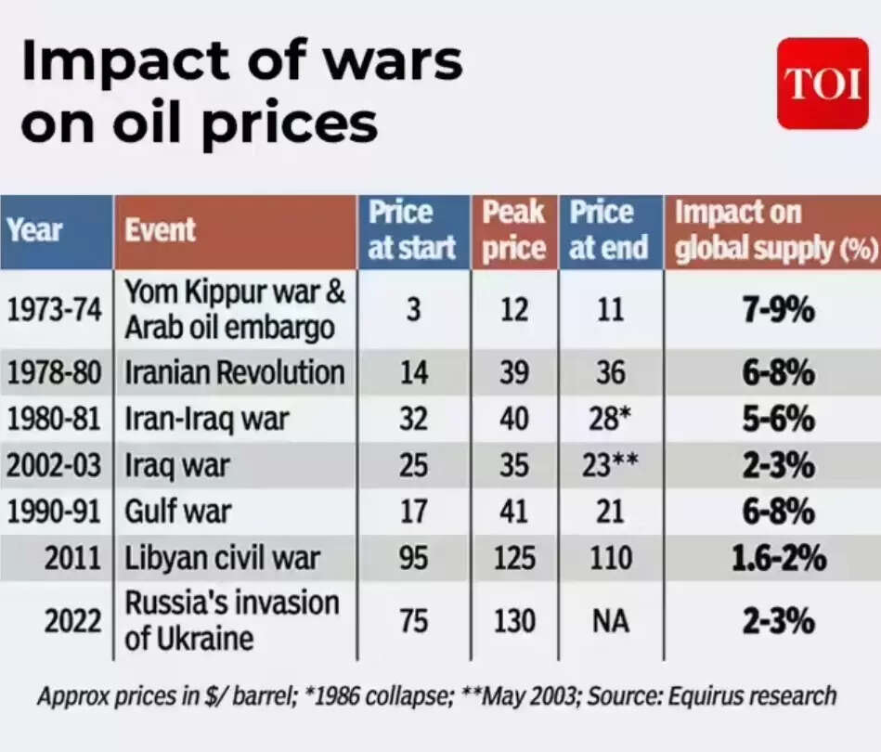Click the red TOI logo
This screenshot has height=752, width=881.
pos(823,83)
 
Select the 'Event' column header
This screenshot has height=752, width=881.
pos(161,229)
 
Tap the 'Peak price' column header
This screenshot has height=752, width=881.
pos(513,230)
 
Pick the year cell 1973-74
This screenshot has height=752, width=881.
pos(54,310)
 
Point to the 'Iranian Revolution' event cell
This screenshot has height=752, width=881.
pos(235,373)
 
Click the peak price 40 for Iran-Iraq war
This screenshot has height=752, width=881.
pos(513,420)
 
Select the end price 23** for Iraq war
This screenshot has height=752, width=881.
pos(611,465)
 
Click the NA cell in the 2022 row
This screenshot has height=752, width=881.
pos(611,620)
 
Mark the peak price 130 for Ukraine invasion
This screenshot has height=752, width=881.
pos(513,620)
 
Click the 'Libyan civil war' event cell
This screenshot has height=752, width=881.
pos(223,558)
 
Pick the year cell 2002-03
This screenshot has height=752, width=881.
pos(54,465)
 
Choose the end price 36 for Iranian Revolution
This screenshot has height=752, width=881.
pos(611,373)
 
